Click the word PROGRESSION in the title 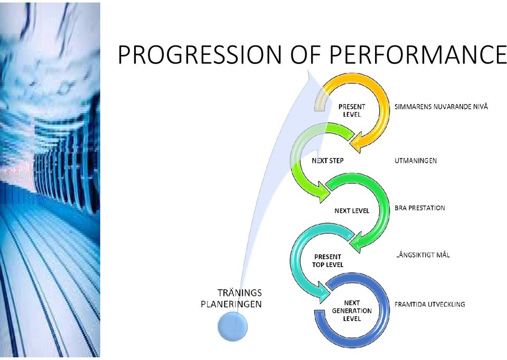tap(200, 54)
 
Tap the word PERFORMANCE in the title tap(418, 54)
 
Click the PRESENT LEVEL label tap(352, 110)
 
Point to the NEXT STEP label tap(327, 161)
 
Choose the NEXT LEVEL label tap(352, 211)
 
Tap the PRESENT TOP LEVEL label tap(327, 261)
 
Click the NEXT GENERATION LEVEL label tap(352, 311)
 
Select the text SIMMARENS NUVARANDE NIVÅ tap(441, 106)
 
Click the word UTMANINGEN tap(416, 161)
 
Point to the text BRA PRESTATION tap(420, 208)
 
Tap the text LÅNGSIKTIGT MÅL tap(422, 255)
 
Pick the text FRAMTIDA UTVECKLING tap(430, 304)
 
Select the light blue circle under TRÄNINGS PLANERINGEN tap(232, 326)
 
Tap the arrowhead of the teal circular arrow tap(324, 293)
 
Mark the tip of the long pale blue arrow tap(309, 71)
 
